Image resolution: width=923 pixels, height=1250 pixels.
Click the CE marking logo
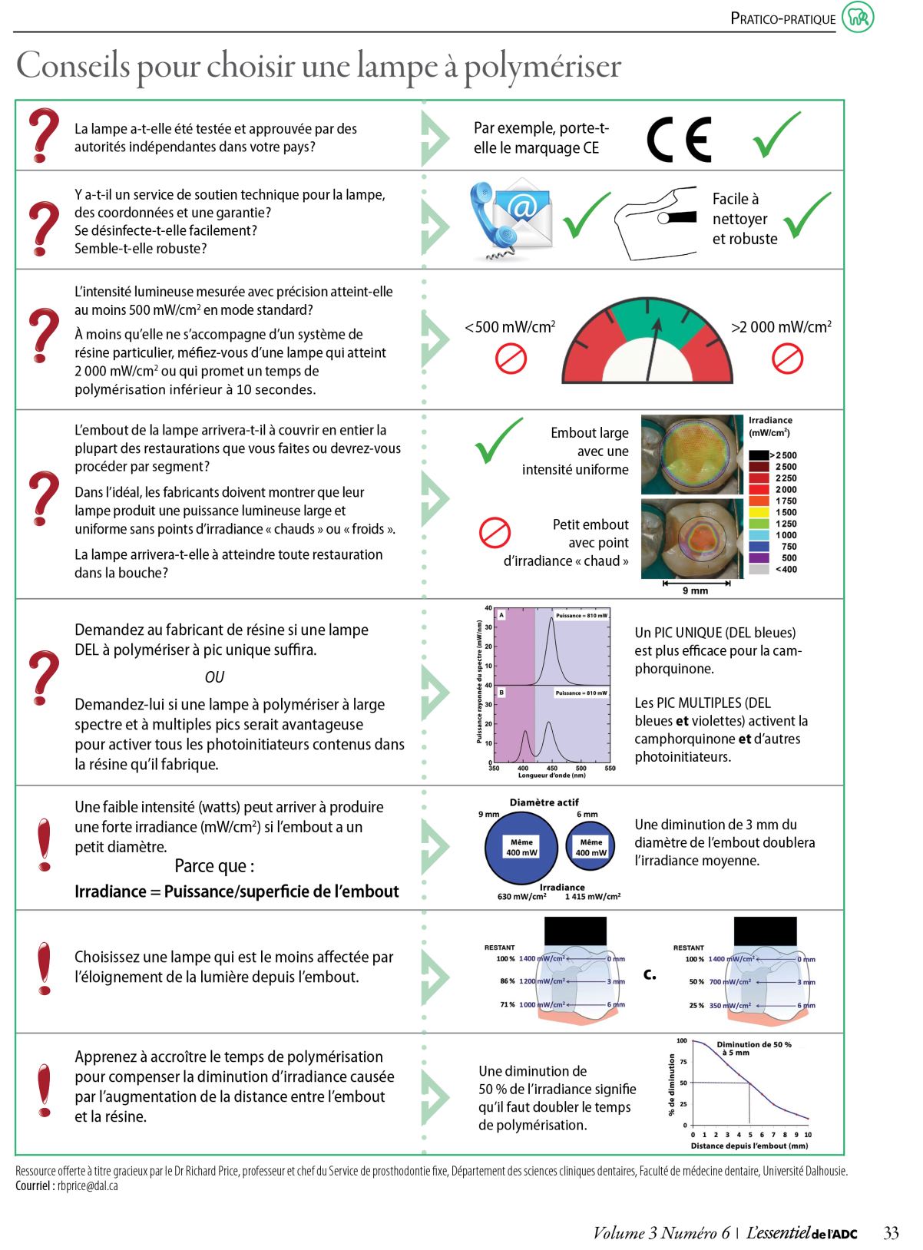[x=679, y=139]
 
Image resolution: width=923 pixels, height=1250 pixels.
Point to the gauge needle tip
[x=657, y=323]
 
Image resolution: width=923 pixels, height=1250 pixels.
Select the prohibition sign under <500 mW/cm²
[x=511, y=358]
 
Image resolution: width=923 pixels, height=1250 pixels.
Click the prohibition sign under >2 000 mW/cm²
[x=786, y=358]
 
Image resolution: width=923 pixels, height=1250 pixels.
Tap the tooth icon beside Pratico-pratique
[x=858, y=18]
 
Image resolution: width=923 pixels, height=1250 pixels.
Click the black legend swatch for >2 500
[x=759, y=455]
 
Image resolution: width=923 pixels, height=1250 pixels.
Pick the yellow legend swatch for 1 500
[x=759, y=512]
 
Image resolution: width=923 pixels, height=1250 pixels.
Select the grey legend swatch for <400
[x=759, y=569]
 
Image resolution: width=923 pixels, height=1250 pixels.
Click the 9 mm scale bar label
[x=695, y=590]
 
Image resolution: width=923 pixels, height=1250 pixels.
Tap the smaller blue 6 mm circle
[x=591, y=847]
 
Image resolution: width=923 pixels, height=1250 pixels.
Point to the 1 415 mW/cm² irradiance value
[x=593, y=896]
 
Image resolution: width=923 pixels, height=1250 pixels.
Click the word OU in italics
[x=214, y=677]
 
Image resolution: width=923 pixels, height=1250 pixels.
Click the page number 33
[x=891, y=1233]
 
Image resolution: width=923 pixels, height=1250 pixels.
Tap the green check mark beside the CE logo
[x=776, y=135]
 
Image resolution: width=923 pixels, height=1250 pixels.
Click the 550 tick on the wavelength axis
[x=610, y=768]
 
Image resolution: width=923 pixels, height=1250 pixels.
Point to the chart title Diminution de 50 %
[x=754, y=1044]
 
